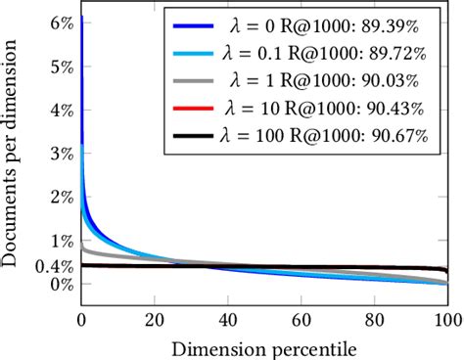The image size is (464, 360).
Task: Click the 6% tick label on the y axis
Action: click(x=59, y=22)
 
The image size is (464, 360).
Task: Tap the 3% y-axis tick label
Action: click(x=59, y=154)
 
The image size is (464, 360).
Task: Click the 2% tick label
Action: click(x=59, y=197)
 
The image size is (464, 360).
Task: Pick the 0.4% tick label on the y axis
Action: click(x=53, y=265)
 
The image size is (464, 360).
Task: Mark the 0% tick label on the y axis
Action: click(x=59, y=285)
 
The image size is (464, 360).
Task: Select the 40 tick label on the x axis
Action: click(x=227, y=321)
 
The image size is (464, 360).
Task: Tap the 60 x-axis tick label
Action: click(x=301, y=321)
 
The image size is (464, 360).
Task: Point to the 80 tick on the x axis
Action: click(x=374, y=321)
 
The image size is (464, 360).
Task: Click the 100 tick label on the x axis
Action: click(x=446, y=321)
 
